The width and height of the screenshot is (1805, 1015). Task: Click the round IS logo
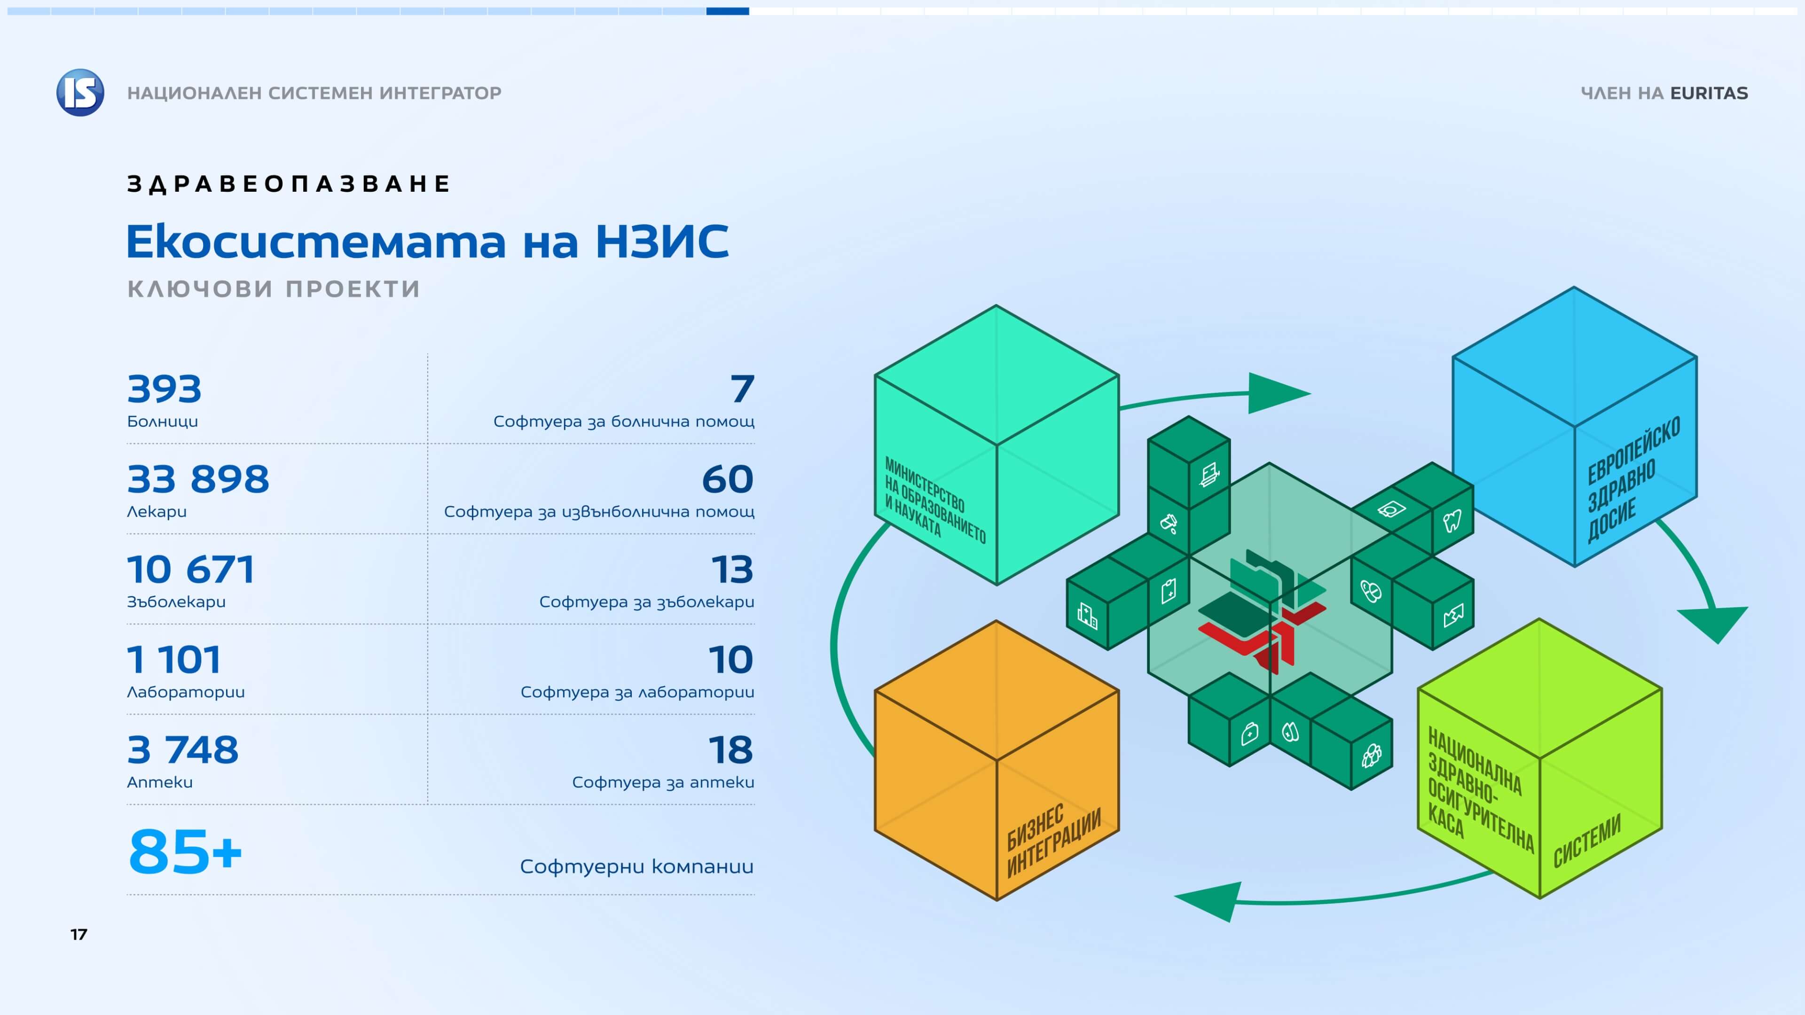[80, 93]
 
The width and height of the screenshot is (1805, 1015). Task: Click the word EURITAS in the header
[1709, 93]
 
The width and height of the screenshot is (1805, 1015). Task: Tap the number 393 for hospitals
[165, 390]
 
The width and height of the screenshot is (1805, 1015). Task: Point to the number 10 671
[190, 570]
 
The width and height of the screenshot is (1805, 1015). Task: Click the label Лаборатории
[186, 692]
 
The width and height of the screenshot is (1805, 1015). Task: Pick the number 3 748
[183, 750]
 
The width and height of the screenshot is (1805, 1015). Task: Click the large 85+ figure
[186, 852]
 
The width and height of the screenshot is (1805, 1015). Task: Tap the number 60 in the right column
[728, 480]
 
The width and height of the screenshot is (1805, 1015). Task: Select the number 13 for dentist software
[732, 570]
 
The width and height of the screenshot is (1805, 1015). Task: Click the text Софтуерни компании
[637, 867]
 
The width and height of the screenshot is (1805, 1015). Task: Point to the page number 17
[79, 935]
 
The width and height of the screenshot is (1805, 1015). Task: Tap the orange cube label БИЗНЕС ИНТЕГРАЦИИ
[1053, 841]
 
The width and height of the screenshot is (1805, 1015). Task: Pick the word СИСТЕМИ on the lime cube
[1587, 841]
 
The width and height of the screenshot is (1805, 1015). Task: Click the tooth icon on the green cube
[1452, 521]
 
